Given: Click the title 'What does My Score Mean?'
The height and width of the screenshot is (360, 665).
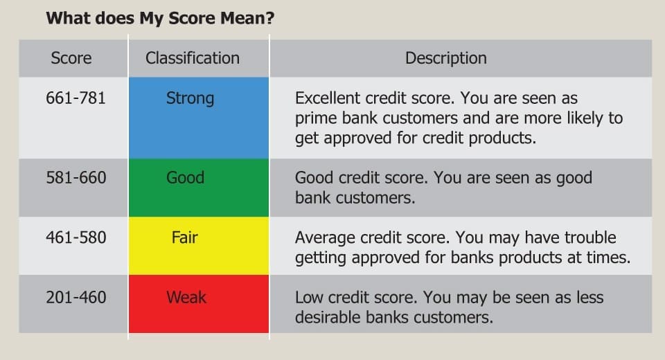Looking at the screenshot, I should [159, 18].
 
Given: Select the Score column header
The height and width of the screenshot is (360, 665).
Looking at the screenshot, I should [71, 58].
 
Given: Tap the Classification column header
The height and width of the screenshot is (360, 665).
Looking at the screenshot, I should [192, 58].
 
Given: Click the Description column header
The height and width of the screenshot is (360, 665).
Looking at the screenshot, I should [445, 58].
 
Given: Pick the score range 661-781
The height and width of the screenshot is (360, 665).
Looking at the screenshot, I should [76, 98].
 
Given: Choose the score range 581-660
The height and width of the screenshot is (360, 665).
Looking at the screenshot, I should [76, 178].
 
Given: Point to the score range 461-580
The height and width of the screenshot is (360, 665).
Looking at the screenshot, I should [76, 237].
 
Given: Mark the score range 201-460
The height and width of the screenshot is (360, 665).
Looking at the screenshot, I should [76, 298].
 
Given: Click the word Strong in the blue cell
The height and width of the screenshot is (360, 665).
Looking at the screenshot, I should [190, 98].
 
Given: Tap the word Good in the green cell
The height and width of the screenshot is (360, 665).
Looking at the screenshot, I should [185, 178].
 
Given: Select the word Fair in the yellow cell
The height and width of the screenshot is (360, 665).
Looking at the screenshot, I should [184, 237].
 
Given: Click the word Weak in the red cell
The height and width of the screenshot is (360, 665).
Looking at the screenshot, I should [186, 298].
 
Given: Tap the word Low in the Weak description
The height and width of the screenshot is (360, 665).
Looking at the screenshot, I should [308, 298].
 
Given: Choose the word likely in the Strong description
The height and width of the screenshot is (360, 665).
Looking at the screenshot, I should [583, 118].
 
